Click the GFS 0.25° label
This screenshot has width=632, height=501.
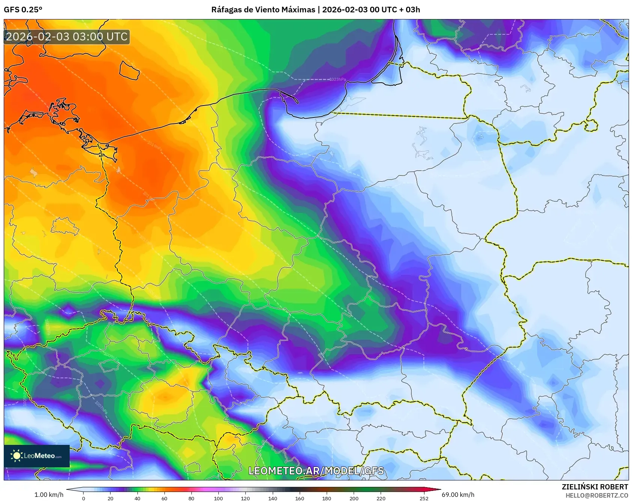coord(23,10)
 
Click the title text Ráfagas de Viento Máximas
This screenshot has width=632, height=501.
coord(263,10)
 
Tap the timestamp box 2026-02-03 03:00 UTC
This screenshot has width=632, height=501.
coord(67,37)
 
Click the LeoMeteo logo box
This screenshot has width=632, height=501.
coord(37,456)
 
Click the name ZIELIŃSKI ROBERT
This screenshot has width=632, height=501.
coord(595,487)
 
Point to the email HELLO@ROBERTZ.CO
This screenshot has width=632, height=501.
coord(596,495)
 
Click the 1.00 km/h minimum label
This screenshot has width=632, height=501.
coord(49,495)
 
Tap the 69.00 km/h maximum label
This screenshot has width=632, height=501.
coord(458,495)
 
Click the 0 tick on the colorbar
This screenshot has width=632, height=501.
coord(83,498)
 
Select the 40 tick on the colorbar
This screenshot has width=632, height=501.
coord(137,498)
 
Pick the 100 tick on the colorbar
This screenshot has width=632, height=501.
coord(218,498)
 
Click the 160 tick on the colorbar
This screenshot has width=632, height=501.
coord(299,498)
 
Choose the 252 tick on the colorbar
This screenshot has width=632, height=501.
coord(424,498)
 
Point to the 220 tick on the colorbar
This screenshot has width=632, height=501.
coord(381,498)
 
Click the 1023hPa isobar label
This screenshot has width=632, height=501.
coord(337,79)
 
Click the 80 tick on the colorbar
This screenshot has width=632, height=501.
coord(191,498)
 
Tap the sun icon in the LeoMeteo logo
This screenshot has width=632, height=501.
coord(16,455)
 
